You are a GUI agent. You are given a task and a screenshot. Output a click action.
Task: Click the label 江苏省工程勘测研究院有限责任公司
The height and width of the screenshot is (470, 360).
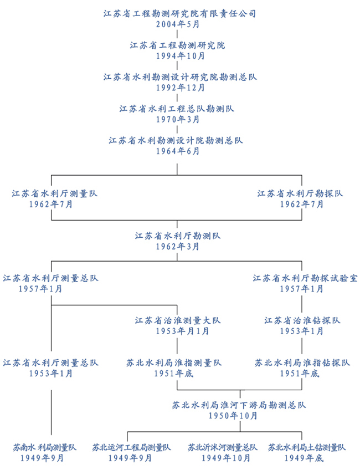click(x=179, y=13)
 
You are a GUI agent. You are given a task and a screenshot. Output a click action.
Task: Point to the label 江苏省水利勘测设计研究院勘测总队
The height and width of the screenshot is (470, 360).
click(x=179, y=77)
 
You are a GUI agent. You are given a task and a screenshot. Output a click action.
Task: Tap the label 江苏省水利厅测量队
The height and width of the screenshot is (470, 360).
click(x=51, y=193)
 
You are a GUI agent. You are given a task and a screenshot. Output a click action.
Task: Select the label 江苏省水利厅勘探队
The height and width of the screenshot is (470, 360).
click(x=301, y=193)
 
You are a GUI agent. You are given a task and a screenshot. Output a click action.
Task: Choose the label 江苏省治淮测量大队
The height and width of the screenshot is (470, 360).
click(x=178, y=320)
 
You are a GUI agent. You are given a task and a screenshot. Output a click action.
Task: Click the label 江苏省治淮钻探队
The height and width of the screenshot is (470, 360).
click(x=302, y=320)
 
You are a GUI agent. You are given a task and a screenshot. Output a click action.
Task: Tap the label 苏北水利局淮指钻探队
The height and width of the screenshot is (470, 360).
click(x=302, y=363)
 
